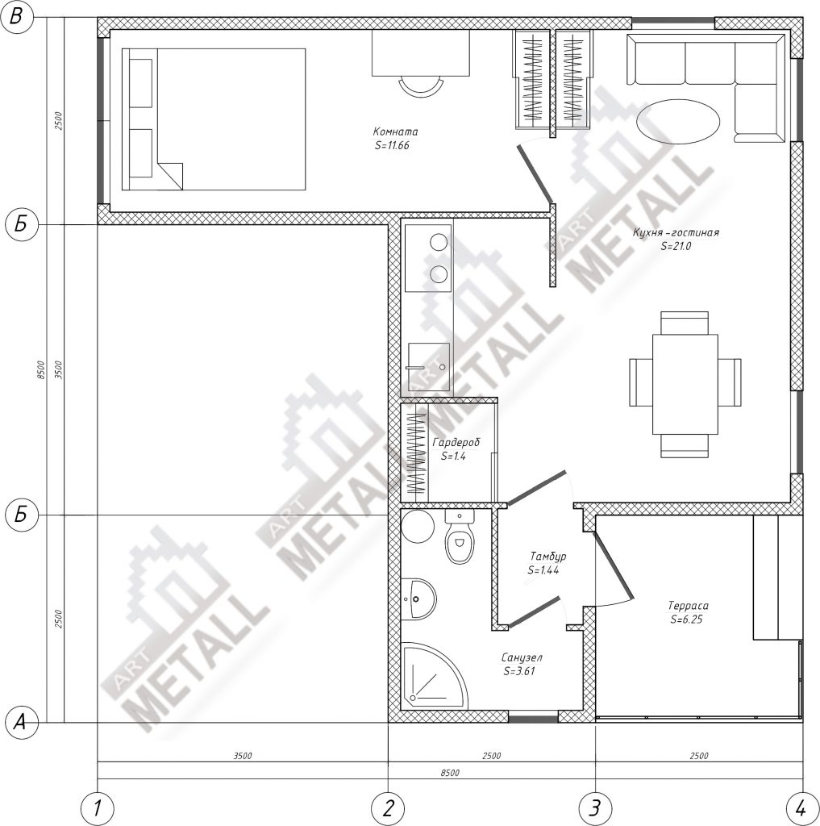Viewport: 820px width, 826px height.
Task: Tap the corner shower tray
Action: pyautogui.click(x=432, y=677)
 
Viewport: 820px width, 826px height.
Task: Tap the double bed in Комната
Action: pyautogui.click(x=214, y=119)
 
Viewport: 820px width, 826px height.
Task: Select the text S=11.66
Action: pyautogui.click(x=392, y=145)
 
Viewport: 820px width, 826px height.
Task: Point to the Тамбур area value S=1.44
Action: pyautogui.click(x=543, y=570)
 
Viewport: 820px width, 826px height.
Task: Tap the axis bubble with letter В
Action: pyautogui.click(x=16, y=18)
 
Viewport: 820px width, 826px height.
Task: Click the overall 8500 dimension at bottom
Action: pyautogui.click(x=450, y=773)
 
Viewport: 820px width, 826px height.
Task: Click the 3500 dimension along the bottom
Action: pyautogui.click(x=243, y=756)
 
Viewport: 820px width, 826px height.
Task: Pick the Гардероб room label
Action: pyautogui.click(x=456, y=443)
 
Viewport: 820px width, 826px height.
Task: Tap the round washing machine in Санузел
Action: pyautogui.click(x=417, y=526)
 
